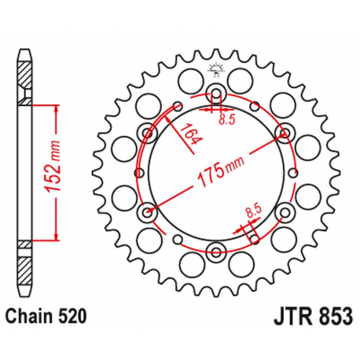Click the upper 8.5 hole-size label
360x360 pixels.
click(228, 119)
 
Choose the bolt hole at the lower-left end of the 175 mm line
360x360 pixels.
click(148, 213)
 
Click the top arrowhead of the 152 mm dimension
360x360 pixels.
click(56, 109)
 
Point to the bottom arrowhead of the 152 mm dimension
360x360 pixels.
click(56, 237)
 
